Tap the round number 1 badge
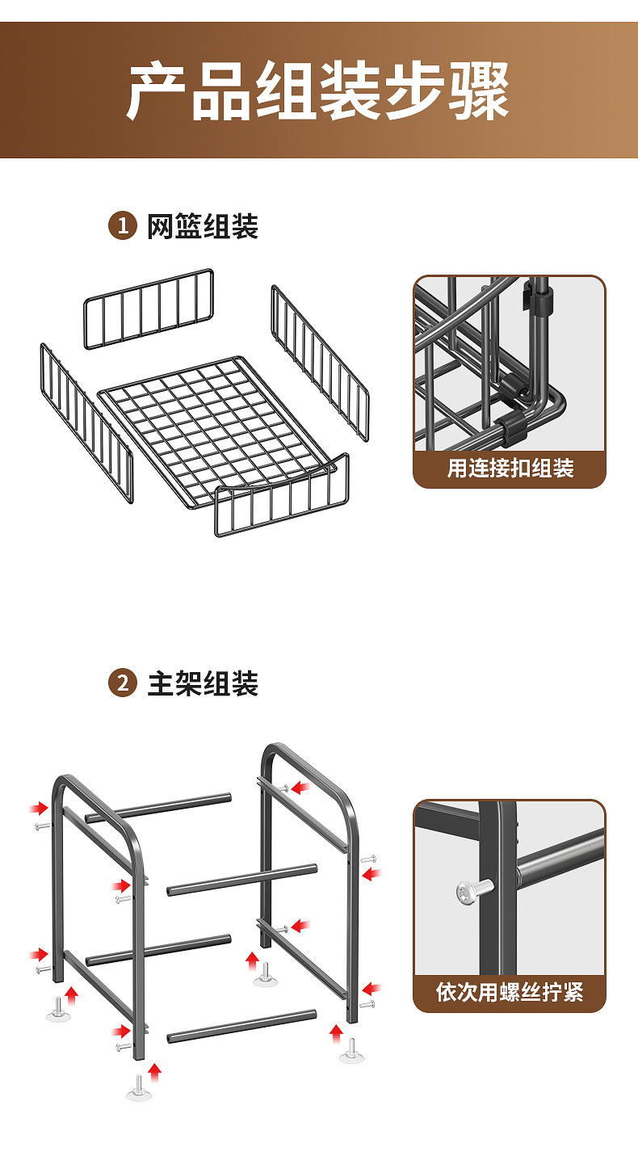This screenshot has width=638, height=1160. tap(122, 226)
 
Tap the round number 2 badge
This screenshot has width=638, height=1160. tap(122, 683)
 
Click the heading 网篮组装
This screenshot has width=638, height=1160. tap(203, 227)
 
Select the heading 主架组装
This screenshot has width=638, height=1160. tap(203, 684)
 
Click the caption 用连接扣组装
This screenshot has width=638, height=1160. tap(510, 469)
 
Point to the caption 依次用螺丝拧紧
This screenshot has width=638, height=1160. tap(510, 992)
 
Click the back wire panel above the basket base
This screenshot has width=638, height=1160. tap(149, 309)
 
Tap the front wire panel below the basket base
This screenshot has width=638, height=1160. tap(282, 498)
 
